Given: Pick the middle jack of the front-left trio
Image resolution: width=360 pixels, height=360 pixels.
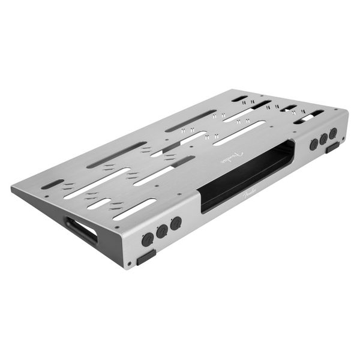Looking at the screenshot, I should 162,231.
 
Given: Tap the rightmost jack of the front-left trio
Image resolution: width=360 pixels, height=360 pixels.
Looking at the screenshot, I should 175,224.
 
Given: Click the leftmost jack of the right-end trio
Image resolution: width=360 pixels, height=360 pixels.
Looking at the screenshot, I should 314,145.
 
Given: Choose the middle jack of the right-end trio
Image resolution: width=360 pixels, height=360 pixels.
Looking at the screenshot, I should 323,139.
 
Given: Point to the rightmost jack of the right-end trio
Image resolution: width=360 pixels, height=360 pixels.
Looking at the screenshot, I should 332,134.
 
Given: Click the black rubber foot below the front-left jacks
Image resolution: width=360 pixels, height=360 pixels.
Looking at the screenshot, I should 146,257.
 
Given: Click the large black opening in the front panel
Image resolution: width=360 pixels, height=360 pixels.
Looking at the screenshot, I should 246,175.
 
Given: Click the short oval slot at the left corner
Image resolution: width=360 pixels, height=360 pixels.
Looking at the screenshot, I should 52,184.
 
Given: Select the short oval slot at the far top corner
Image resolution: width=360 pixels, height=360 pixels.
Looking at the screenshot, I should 239,98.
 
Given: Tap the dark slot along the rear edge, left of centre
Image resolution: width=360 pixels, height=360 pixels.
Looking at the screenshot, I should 116,155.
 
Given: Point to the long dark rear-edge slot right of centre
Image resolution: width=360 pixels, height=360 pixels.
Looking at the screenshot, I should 191,121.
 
